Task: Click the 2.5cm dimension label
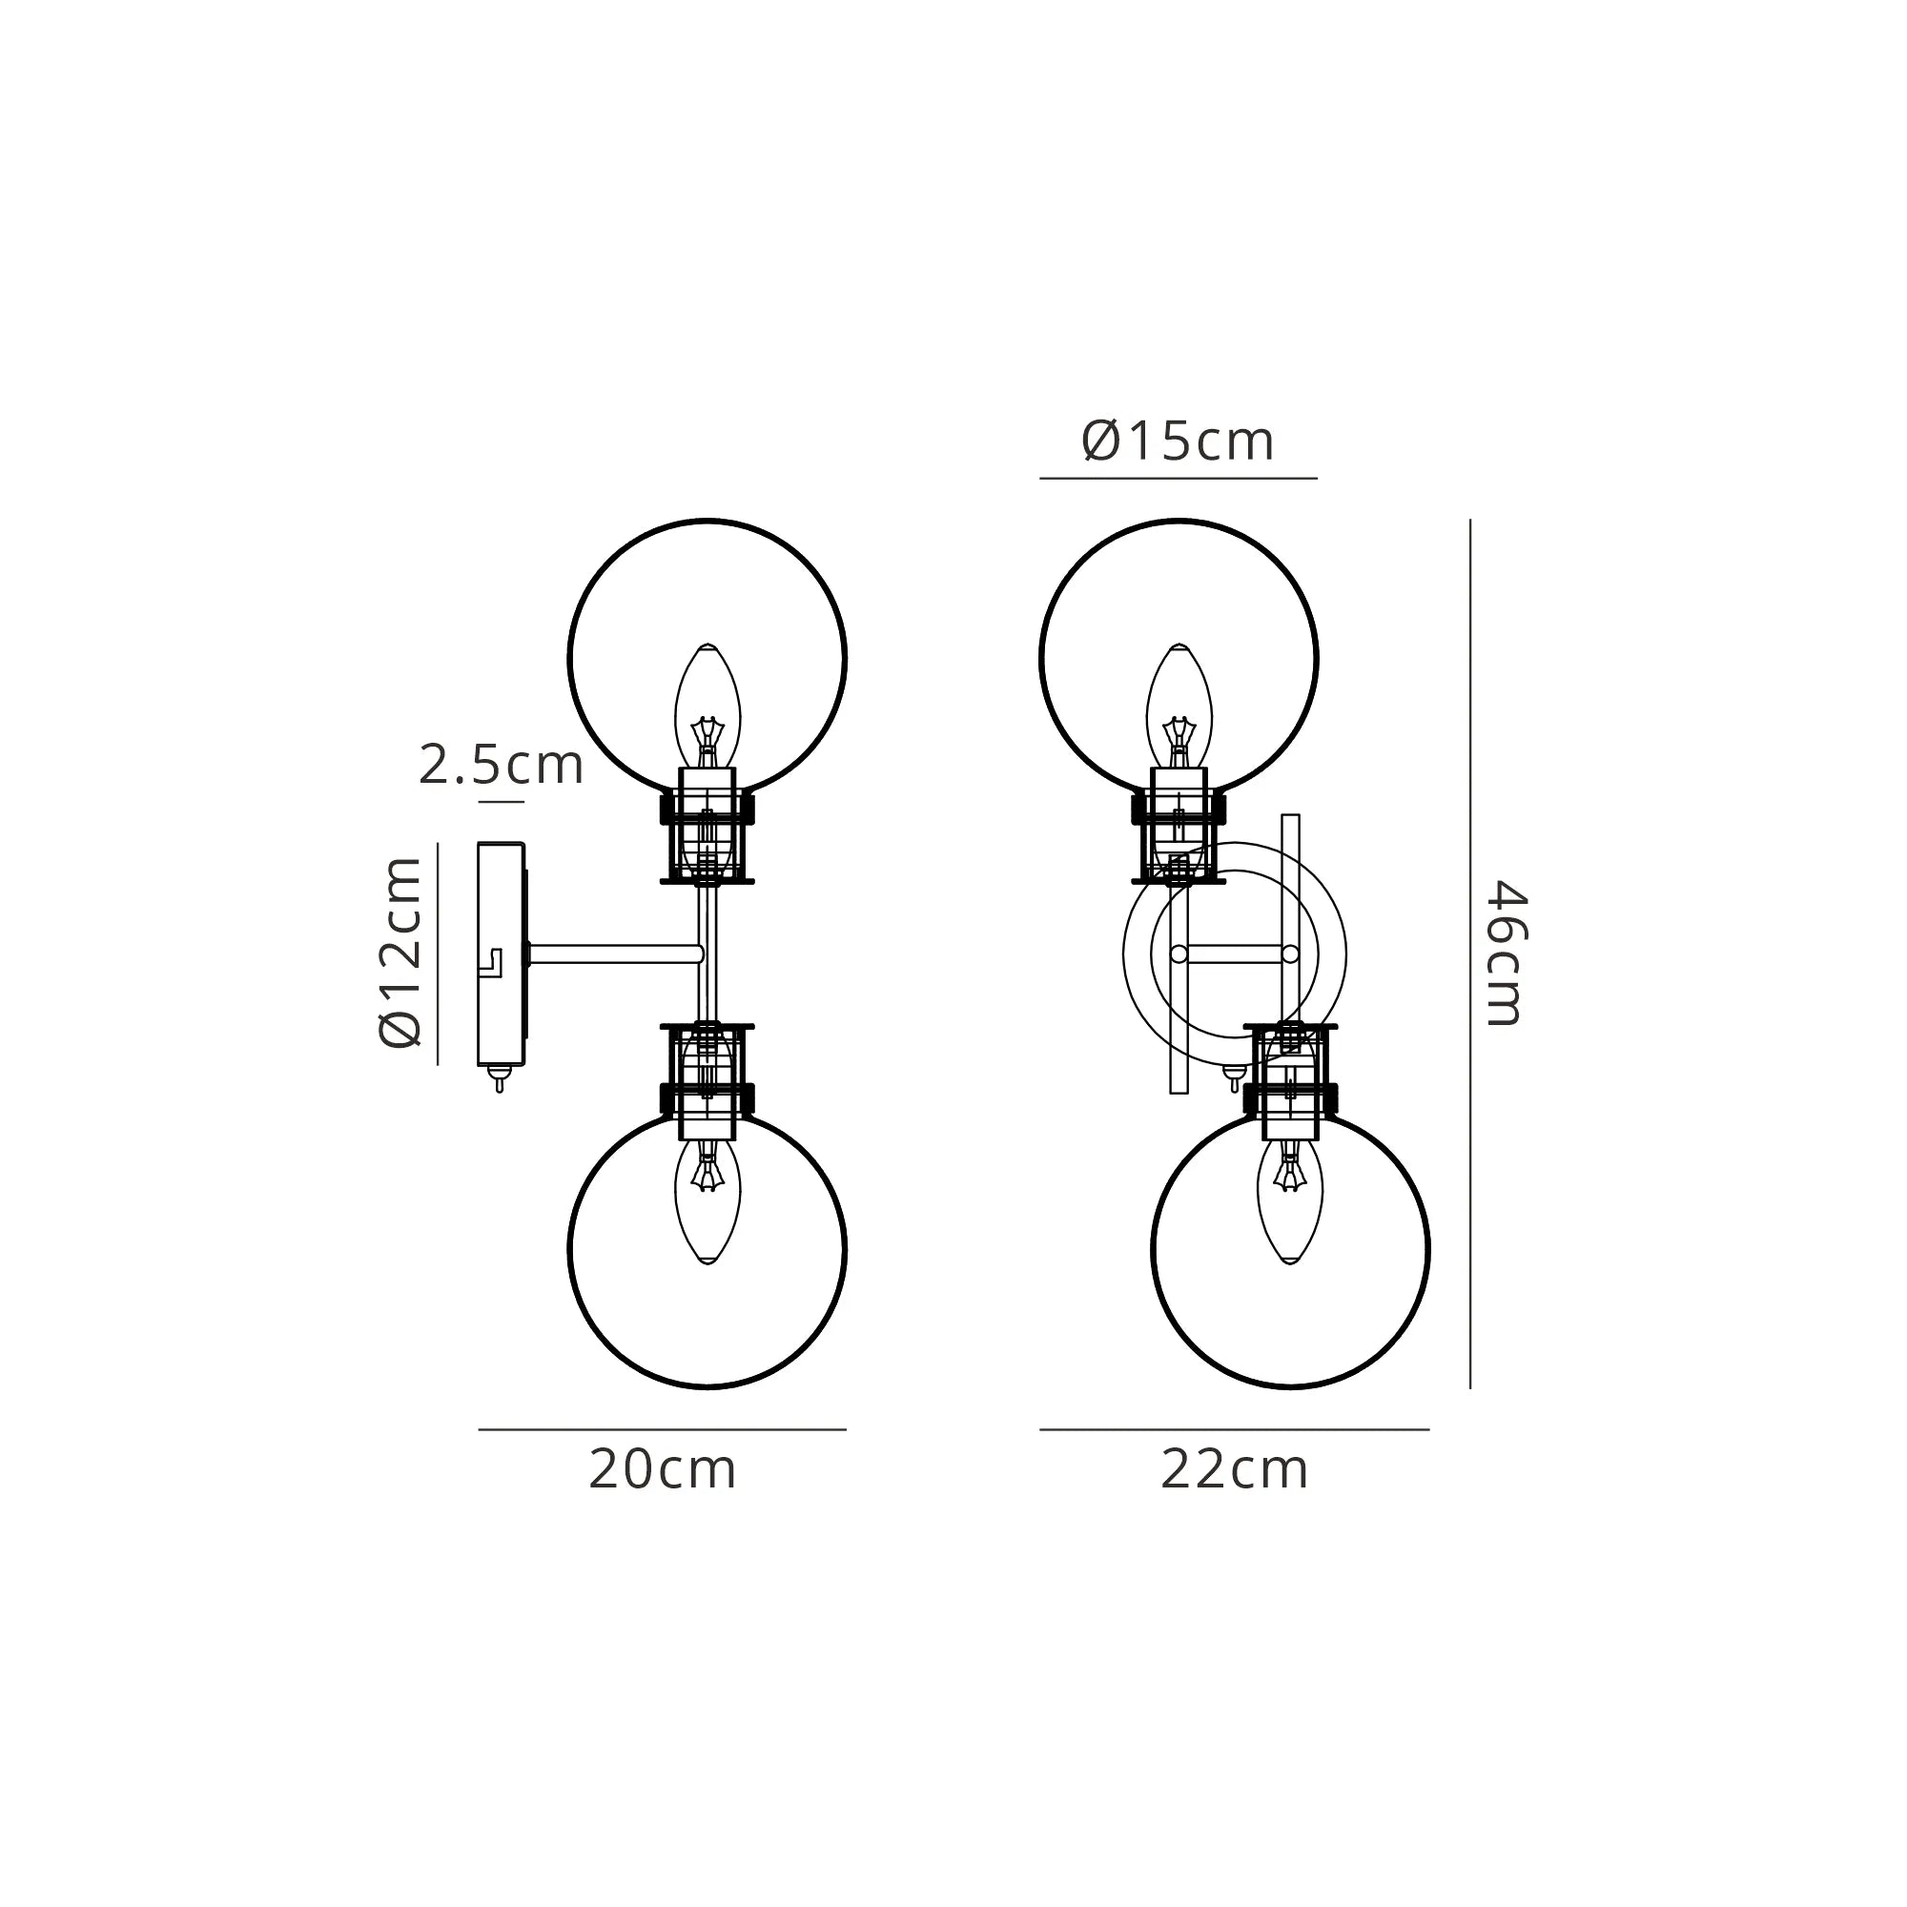point(501,765)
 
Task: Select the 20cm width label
point(663,1469)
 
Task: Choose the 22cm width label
point(1234,1469)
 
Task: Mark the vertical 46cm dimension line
point(1469,953)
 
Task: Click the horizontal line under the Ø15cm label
point(1178,479)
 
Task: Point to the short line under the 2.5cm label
point(501,803)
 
